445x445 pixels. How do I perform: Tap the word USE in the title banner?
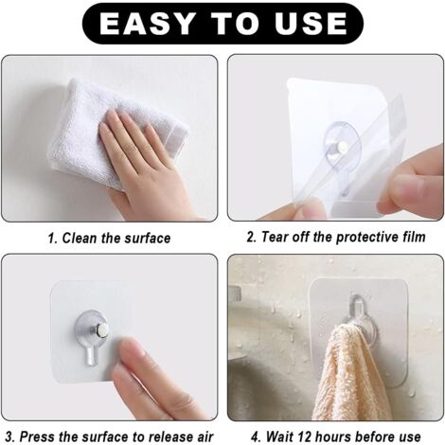coord(311,24)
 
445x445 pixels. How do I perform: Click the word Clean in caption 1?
coord(80,238)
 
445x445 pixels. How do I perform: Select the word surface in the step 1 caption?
coord(148,239)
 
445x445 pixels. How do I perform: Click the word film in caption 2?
coord(414,237)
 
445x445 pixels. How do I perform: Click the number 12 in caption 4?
coord(304,436)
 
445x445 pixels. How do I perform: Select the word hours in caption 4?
coord(332,436)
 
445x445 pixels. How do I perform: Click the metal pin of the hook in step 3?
coord(101,330)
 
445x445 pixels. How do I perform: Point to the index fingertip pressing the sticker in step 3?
coord(134,348)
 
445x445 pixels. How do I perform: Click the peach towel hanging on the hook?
coord(348,373)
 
